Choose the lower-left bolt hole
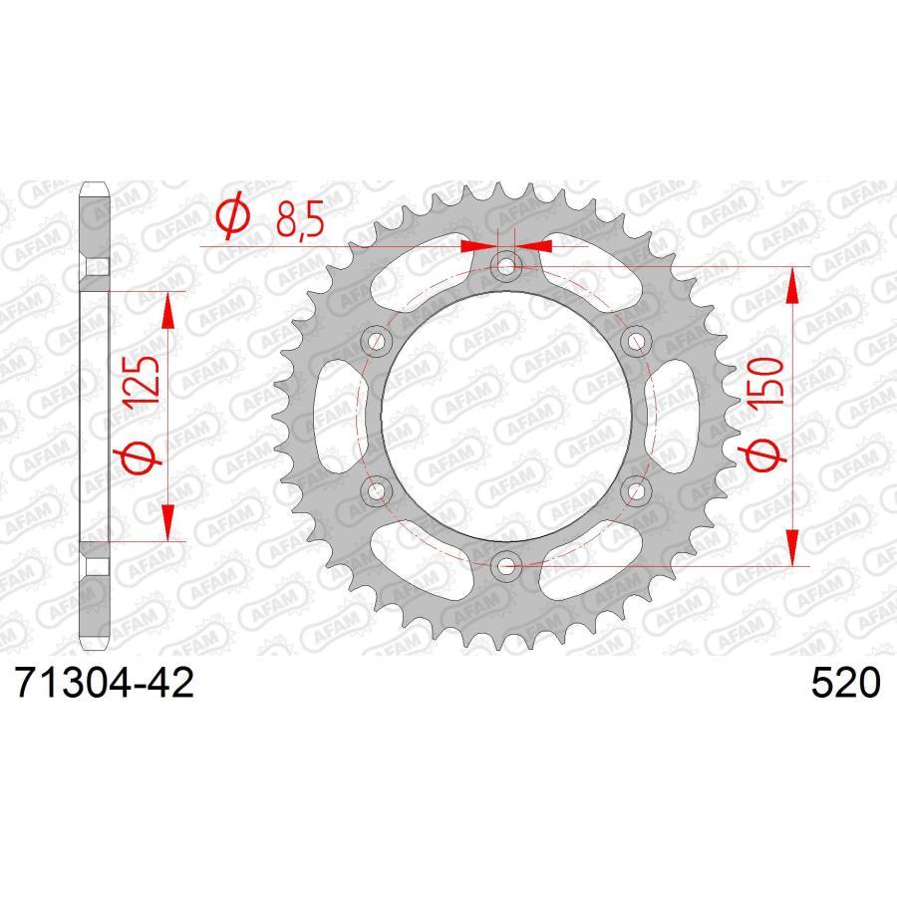377,491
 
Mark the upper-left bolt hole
377,342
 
